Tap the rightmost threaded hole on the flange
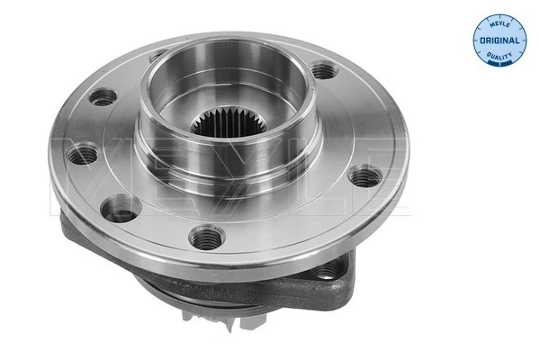[x=363, y=175]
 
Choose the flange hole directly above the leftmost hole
[x=103, y=95]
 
